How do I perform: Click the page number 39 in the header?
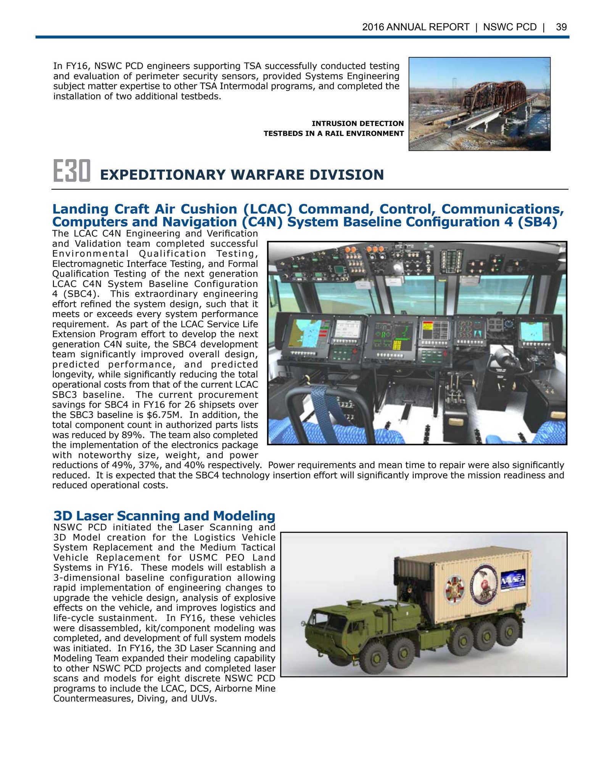click(x=561, y=27)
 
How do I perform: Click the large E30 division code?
click(x=71, y=171)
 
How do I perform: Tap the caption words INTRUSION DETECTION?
click(x=358, y=123)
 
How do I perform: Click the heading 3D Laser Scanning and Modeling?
click(x=164, y=515)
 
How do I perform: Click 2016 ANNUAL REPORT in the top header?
click(x=416, y=27)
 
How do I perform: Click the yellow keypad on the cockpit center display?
click(x=397, y=345)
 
